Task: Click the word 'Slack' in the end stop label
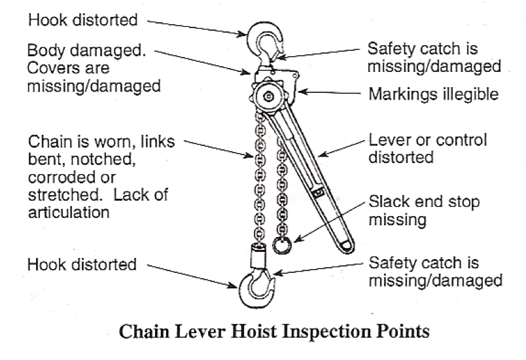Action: coord(387,201)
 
